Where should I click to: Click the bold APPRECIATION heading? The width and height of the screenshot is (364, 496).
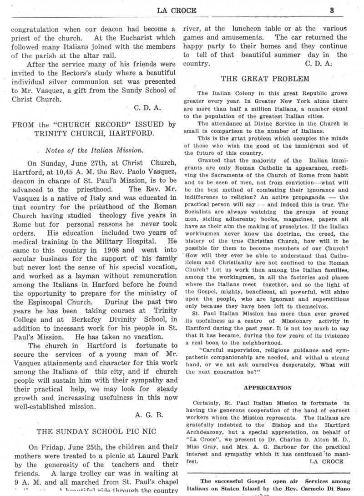click(268, 388)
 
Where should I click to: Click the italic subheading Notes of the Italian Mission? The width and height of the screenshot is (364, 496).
click(92, 150)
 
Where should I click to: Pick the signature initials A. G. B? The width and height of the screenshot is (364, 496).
click(149, 415)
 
